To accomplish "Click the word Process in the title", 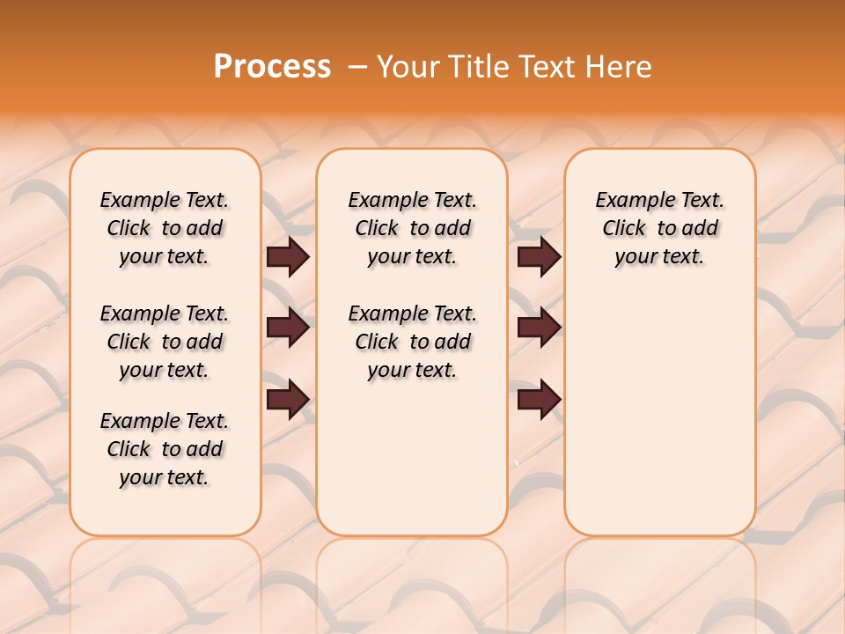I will click(x=272, y=67).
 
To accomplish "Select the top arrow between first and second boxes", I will click(x=288, y=257).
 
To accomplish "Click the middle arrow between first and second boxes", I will click(x=288, y=328).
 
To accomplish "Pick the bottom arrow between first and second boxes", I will click(x=288, y=400).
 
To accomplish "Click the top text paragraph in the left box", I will click(x=165, y=228).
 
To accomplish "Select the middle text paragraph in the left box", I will click(x=165, y=342).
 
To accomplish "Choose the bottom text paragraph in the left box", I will click(x=165, y=449).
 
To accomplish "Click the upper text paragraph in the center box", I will click(x=412, y=228).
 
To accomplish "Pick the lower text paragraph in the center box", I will click(x=412, y=342).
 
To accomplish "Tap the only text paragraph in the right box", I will click(x=659, y=228).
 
